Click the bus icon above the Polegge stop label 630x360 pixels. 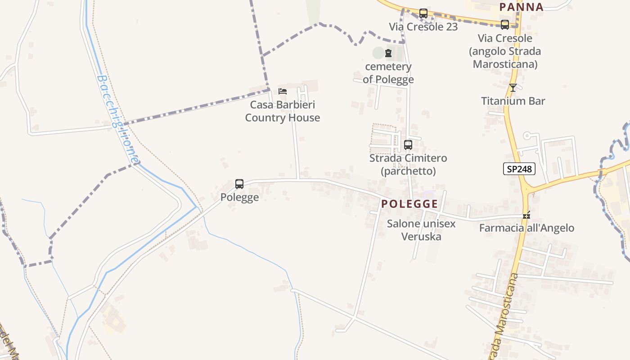click(239, 184)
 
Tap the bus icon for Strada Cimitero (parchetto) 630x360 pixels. click(408, 145)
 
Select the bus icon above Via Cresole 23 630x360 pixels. click(423, 13)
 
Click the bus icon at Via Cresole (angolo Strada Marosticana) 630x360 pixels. click(505, 25)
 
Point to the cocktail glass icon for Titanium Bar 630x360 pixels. click(513, 87)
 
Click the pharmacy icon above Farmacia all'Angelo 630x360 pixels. click(526, 215)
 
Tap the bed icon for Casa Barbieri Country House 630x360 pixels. click(283, 91)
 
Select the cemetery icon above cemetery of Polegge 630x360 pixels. click(388, 54)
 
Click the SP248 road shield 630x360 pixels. click(519, 169)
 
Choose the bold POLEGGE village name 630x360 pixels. click(409, 204)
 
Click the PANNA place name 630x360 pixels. click(522, 7)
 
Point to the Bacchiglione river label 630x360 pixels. click(118, 119)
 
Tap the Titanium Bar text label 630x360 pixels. click(513, 101)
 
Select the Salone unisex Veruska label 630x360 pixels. click(421, 230)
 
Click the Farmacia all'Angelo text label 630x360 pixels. click(526, 228)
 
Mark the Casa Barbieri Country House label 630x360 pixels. click(283, 111)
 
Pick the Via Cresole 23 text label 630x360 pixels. click(423, 27)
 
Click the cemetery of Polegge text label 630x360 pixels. click(388, 73)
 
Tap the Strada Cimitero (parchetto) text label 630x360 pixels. click(408, 164)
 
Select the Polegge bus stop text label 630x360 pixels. click(239, 197)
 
